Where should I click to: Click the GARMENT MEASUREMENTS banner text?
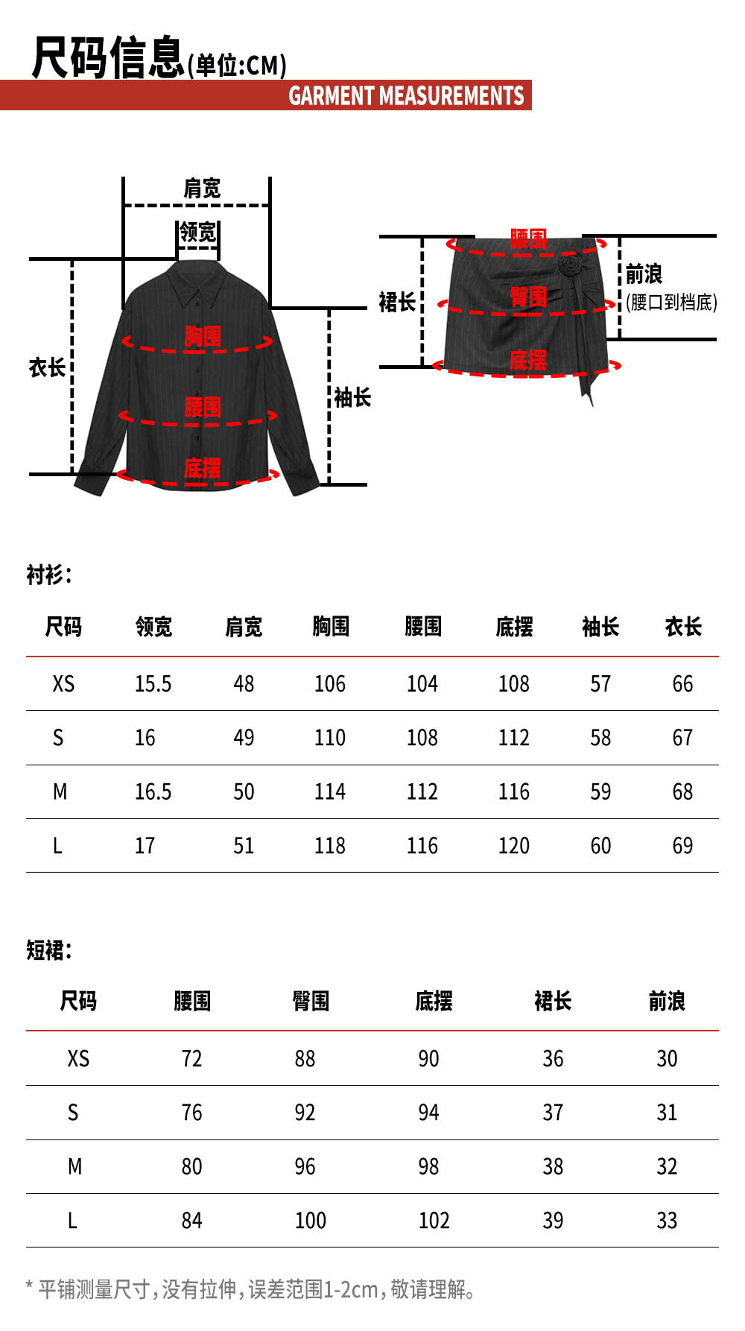406,96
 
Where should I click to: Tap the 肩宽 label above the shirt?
202,189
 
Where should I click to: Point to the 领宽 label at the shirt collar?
198,233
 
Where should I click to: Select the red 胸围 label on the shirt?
203,337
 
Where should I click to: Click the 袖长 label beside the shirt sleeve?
352,398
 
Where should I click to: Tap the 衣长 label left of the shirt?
47,367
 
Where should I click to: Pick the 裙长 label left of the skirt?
397,302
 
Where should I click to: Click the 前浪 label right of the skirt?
644,274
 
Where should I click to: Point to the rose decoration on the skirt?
571,265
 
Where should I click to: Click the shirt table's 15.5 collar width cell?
153,684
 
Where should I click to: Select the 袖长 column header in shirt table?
600,627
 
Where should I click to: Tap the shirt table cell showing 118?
329,846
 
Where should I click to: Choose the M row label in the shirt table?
60,792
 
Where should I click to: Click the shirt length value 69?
682,846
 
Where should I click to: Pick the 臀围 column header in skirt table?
311,1002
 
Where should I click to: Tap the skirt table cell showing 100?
310,1221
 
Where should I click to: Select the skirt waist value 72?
191,1059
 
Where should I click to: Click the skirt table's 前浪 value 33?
667,1221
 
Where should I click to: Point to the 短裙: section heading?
49,950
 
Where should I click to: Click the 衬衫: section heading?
49,575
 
